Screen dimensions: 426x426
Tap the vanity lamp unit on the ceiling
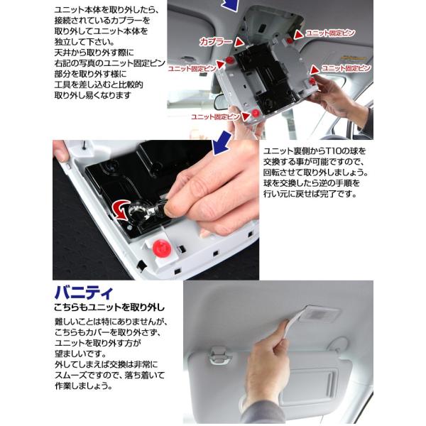click(x=318, y=312)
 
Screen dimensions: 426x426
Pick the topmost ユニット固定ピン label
click(x=329, y=33)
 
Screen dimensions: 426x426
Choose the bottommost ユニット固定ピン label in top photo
click(x=214, y=116)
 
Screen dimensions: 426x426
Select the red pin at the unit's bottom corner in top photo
click(x=254, y=114)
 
